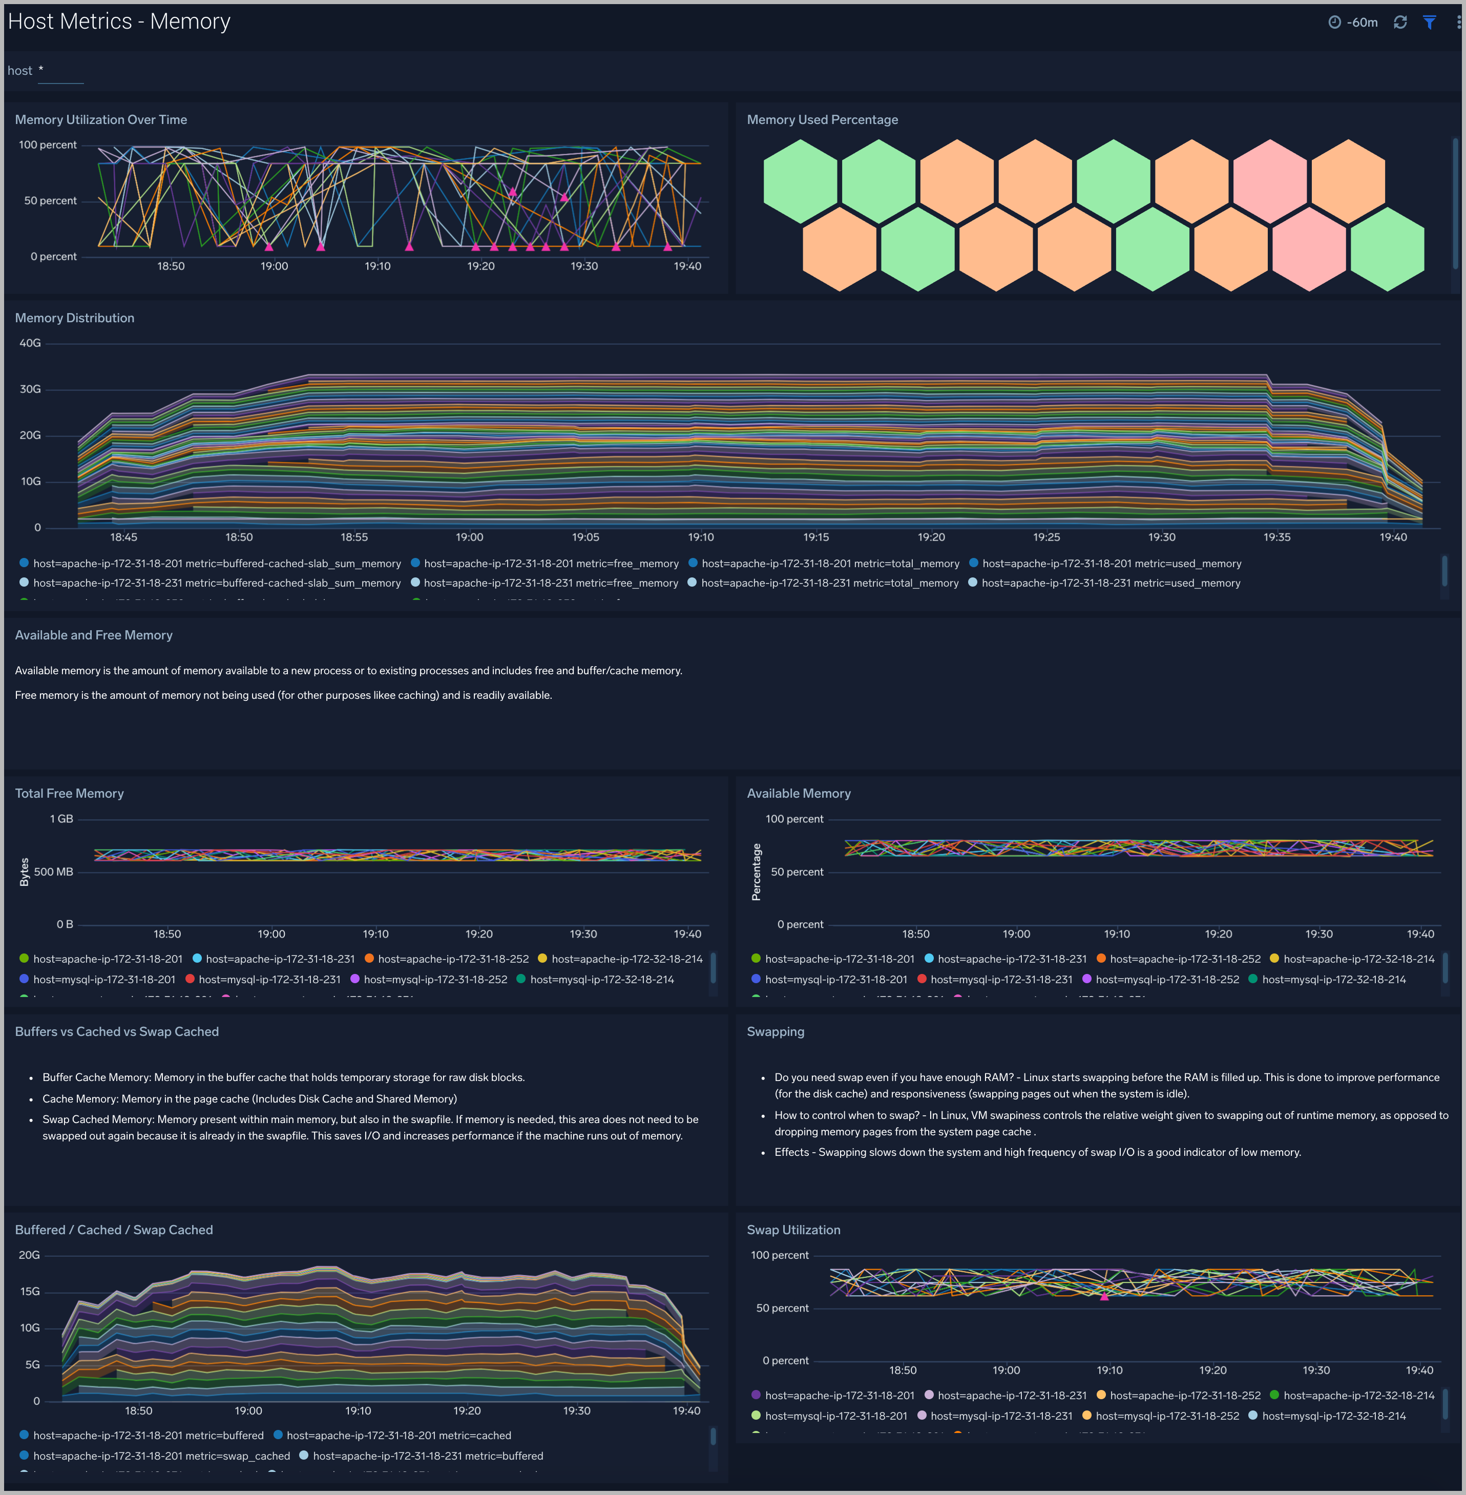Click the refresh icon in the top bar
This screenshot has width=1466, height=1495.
click(1400, 23)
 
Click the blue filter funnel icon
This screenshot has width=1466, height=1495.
click(1429, 23)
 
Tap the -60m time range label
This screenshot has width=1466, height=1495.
click(1362, 23)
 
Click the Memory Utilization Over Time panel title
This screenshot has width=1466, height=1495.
click(101, 119)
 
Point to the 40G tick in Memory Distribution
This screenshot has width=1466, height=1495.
click(30, 343)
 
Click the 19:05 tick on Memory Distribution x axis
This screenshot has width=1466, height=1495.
click(585, 537)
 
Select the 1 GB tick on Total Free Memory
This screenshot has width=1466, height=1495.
click(61, 819)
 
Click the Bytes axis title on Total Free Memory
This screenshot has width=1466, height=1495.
click(24, 872)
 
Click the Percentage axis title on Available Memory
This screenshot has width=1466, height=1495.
click(756, 872)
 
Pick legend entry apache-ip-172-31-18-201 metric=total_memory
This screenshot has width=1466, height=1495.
click(830, 564)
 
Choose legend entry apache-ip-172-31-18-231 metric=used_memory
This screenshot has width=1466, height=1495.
click(1111, 583)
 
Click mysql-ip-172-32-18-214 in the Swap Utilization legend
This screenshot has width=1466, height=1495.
click(1333, 1416)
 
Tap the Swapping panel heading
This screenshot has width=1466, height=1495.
click(776, 1031)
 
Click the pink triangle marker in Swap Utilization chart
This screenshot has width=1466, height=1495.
click(1104, 1296)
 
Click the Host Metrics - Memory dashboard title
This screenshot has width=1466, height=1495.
click(119, 22)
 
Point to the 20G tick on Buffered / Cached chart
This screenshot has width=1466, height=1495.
click(29, 1255)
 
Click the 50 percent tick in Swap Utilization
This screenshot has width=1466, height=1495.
click(782, 1308)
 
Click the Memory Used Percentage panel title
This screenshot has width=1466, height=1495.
click(822, 119)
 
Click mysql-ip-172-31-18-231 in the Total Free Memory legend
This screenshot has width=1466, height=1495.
click(269, 980)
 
